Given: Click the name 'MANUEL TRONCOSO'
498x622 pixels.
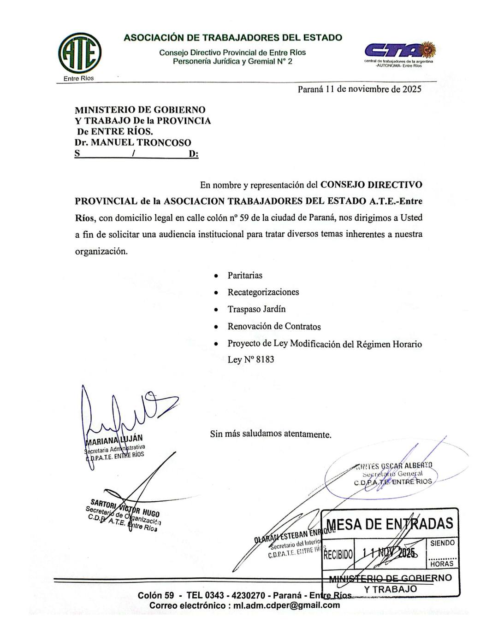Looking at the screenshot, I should coord(141,142).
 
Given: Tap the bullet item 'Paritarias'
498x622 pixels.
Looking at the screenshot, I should coord(245,276).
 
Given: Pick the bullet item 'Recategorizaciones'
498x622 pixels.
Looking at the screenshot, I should coord(263,292).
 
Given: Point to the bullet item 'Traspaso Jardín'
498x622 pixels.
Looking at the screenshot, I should coord(256,309).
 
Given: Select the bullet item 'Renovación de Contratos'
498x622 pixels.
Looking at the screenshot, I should coord(274,327).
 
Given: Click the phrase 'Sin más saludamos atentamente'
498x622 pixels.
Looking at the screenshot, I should coord(271,434).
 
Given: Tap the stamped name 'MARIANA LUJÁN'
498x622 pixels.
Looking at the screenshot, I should coord(114,438).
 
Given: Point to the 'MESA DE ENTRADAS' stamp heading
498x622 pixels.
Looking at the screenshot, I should coord(390,524).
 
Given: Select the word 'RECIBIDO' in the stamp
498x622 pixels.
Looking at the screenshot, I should coord(338,554).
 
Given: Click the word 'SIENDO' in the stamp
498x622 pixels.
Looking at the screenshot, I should coord(442,543).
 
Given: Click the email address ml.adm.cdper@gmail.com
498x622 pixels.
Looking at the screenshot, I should coord(286,605).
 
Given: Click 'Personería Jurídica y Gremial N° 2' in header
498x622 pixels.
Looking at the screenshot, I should coord(232,61).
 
